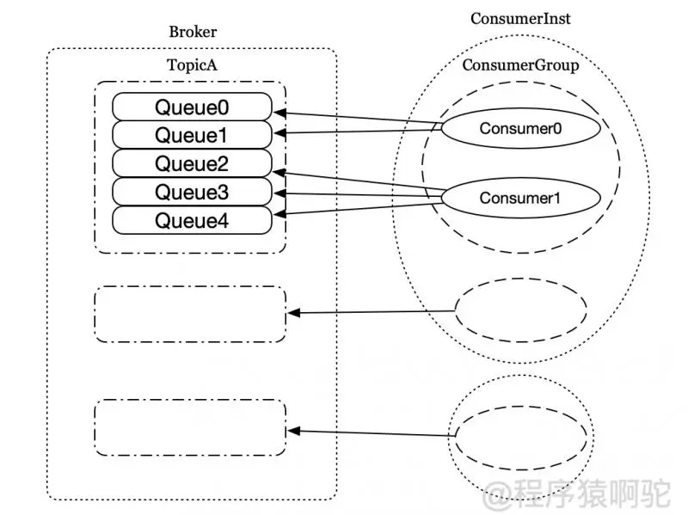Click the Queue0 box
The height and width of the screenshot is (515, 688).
pyautogui.click(x=192, y=107)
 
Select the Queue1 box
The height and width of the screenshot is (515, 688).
pyautogui.click(x=192, y=135)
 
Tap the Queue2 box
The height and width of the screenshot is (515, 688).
pyautogui.click(x=192, y=163)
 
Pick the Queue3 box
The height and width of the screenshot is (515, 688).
pyautogui.click(x=192, y=191)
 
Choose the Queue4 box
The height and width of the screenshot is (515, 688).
pyautogui.click(x=192, y=219)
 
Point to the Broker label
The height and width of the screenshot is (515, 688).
pyautogui.click(x=193, y=33)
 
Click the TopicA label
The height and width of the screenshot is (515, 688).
pyautogui.click(x=191, y=65)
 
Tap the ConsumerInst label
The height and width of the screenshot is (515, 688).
pyautogui.click(x=520, y=18)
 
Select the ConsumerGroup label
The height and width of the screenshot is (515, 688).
pyautogui.click(x=520, y=65)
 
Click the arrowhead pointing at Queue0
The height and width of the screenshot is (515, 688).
pyautogui.click(x=279, y=113)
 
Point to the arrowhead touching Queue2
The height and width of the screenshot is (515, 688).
pyautogui.click(x=279, y=173)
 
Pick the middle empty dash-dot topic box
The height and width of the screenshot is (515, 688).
pyautogui.click(x=189, y=314)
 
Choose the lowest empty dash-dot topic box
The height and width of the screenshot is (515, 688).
pyautogui.click(x=189, y=427)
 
